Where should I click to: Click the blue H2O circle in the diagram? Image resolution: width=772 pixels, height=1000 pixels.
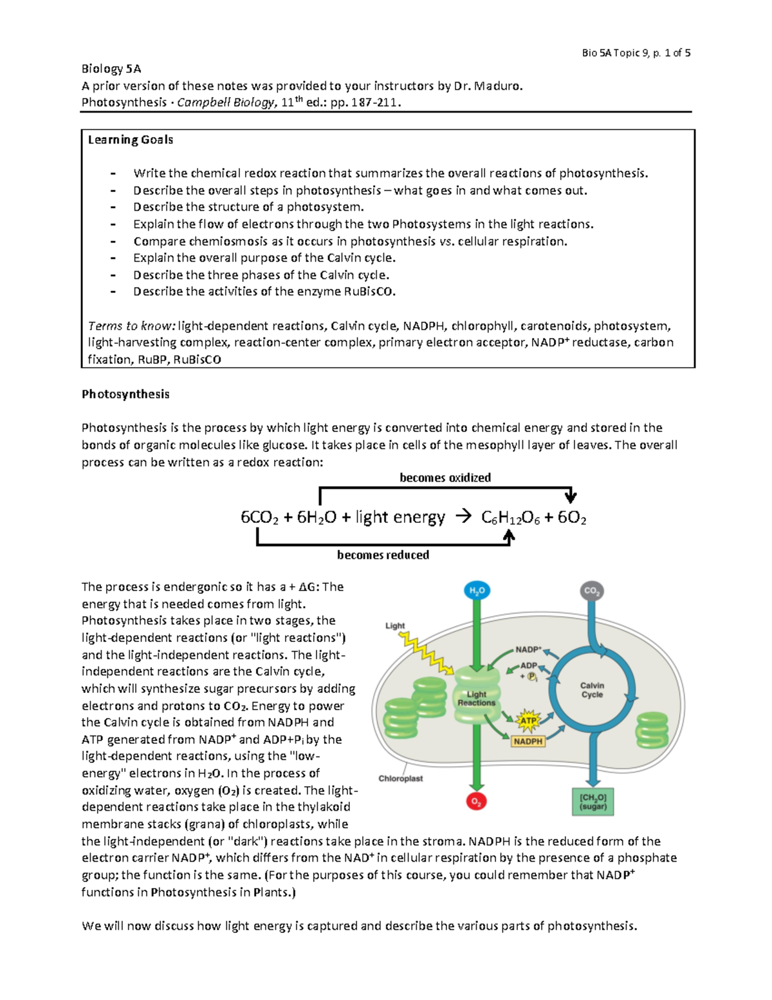click(x=476, y=590)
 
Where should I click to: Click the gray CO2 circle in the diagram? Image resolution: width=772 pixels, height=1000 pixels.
click(x=591, y=590)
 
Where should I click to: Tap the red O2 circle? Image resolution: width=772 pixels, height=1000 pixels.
click(x=476, y=802)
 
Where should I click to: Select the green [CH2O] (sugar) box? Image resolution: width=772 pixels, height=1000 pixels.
click(x=593, y=802)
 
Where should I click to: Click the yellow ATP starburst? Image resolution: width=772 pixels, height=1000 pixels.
click(x=528, y=721)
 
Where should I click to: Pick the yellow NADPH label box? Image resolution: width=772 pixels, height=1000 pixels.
click(x=528, y=741)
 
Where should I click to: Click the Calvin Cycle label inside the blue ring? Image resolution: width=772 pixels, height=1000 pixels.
click(x=592, y=690)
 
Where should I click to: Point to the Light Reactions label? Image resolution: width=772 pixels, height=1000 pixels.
click(x=476, y=699)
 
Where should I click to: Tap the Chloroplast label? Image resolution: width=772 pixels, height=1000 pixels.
click(x=400, y=778)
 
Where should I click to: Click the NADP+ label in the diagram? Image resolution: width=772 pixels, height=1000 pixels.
click(x=528, y=650)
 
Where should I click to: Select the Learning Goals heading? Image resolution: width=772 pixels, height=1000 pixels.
click(x=131, y=140)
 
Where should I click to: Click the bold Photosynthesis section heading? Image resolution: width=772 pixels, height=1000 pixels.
click(x=125, y=394)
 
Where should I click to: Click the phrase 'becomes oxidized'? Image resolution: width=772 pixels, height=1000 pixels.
click(x=445, y=478)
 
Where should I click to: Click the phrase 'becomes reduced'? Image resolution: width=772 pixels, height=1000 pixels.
click(x=383, y=555)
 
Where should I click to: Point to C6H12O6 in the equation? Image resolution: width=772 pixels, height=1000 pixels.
click(x=510, y=518)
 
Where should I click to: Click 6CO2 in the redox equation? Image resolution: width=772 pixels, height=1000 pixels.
click(x=259, y=518)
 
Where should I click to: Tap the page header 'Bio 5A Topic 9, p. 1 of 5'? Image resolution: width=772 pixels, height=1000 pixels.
click(x=636, y=53)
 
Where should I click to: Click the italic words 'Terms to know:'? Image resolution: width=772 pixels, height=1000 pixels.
click(x=131, y=326)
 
